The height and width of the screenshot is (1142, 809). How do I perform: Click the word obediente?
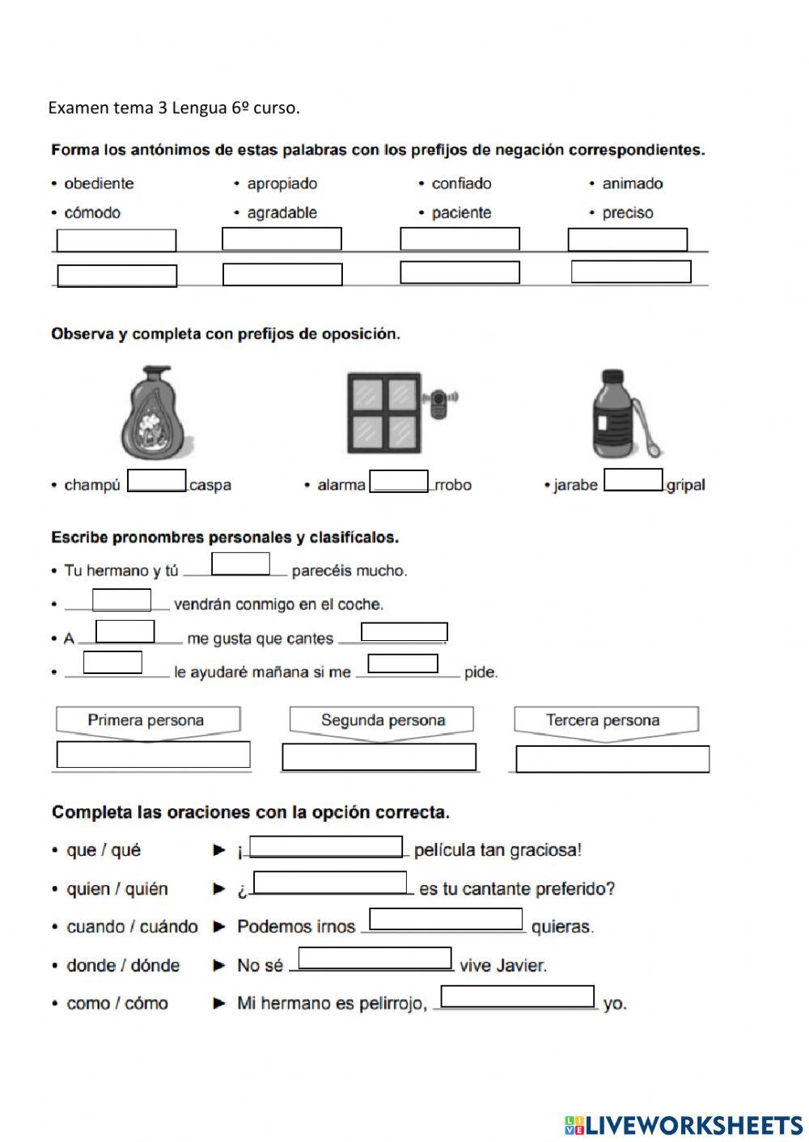(99, 183)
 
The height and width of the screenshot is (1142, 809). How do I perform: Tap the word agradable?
(282, 213)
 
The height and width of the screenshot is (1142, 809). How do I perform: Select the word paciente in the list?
(461, 213)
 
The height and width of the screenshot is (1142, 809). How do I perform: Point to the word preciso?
(627, 213)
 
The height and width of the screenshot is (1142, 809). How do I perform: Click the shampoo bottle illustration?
(157, 413)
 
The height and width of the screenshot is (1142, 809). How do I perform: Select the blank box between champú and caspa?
(157, 480)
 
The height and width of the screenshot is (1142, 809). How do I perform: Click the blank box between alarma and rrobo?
(399, 481)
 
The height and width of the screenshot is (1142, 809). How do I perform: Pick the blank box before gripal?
(633, 479)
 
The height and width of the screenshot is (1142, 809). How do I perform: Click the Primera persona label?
(146, 720)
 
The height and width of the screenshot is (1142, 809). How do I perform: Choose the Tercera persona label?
(603, 720)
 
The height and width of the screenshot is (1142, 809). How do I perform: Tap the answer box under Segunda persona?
(379, 757)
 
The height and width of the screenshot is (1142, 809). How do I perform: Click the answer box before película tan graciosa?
(326, 846)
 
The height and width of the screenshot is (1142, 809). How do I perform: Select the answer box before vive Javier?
(375, 959)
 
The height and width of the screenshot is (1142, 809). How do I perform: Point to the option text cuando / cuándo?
(132, 927)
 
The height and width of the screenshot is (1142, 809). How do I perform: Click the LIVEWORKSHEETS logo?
(684, 1125)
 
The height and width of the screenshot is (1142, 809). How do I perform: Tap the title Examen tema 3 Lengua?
(174, 107)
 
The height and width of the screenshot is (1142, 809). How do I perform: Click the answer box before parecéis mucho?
(240, 564)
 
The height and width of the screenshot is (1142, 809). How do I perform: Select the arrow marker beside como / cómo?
(219, 1003)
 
